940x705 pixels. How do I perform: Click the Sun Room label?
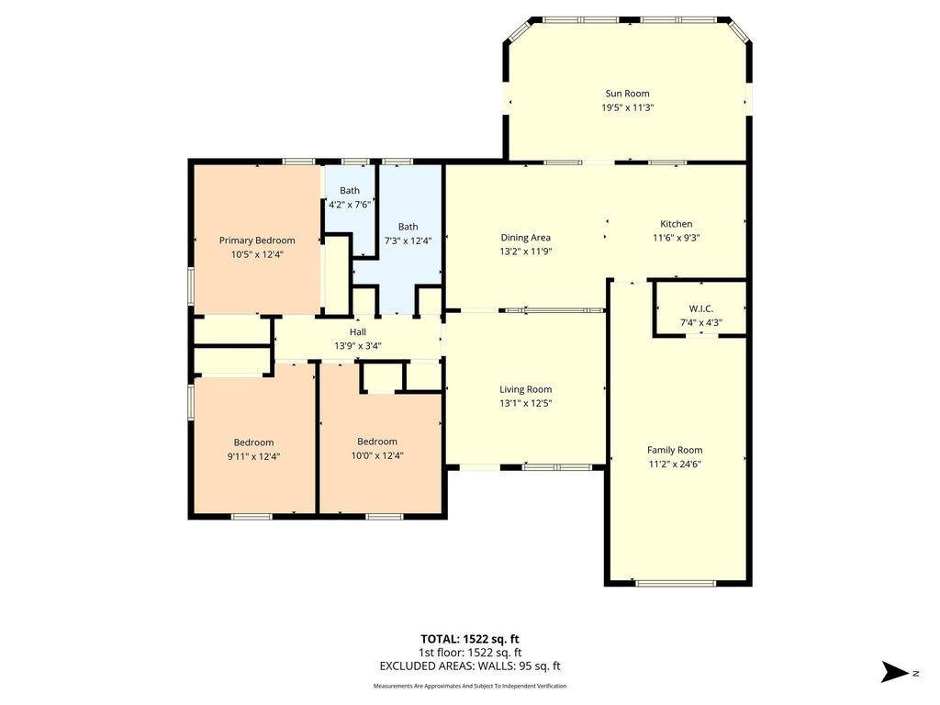tap(627, 94)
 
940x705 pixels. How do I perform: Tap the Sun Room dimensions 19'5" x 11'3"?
tap(627, 108)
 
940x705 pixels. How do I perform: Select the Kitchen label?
tap(677, 224)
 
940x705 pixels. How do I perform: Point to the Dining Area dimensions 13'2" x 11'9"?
tap(525, 252)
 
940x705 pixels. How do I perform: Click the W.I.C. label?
tap(700, 308)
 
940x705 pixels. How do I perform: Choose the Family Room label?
tap(675, 450)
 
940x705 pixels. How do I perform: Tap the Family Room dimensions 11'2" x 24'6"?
tap(675, 464)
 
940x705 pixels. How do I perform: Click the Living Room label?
tap(525, 389)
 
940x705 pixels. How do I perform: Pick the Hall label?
tap(358, 331)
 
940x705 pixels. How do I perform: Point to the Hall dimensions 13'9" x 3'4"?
tap(358, 346)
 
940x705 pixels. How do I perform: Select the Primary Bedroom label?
tap(257, 241)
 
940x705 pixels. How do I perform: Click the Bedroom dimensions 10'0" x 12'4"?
tap(377, 455)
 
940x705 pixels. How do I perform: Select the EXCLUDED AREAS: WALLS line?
tap(470, 666)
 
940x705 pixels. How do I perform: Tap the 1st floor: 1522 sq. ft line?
tap(470, 653)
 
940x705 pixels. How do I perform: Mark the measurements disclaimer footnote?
tap(470, 686)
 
